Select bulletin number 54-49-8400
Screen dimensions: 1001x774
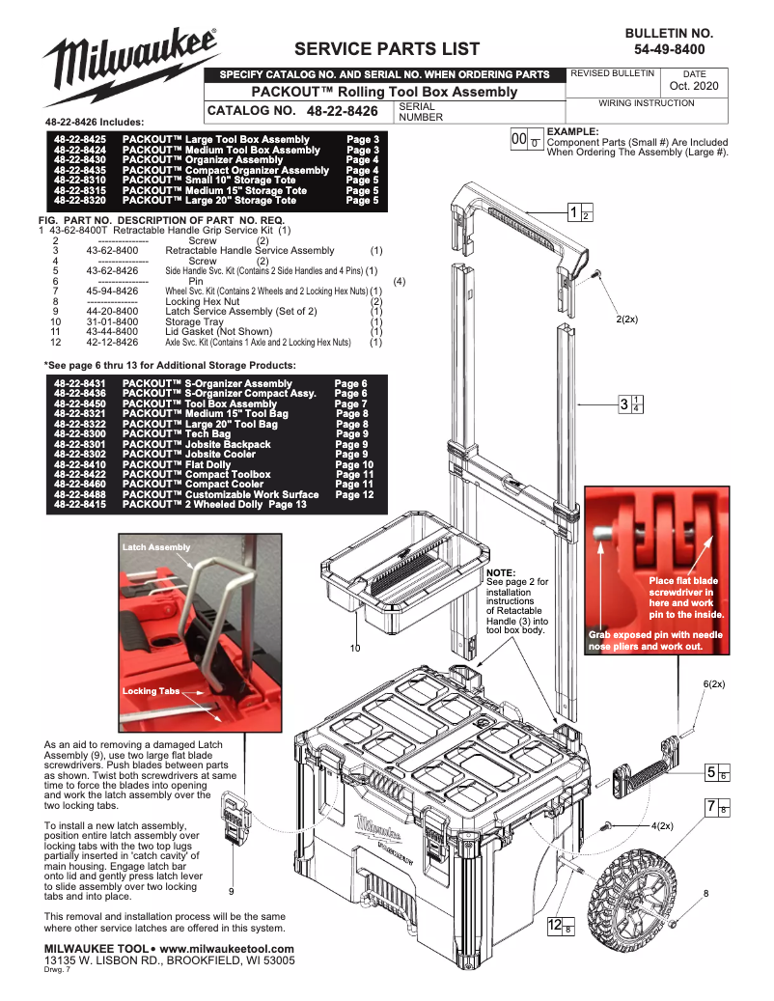coord(669,49)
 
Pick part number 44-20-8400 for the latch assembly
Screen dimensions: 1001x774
coord(112,312)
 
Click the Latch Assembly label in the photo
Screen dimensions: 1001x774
coord(156,547)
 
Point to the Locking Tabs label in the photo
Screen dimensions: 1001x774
coord(151,691)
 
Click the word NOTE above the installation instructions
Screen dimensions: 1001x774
coord(502,572)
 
